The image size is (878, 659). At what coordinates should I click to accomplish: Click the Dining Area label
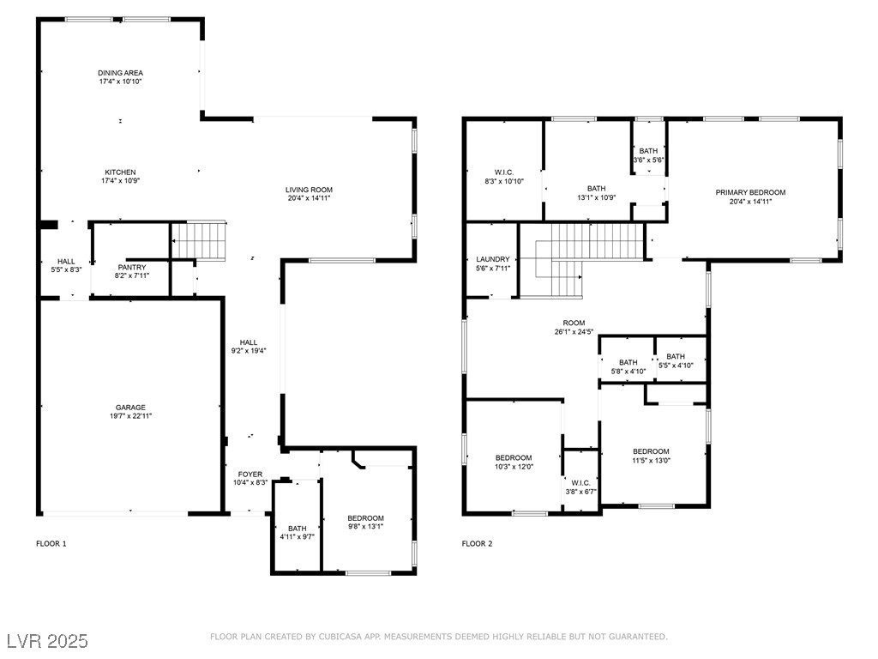click(120, 73)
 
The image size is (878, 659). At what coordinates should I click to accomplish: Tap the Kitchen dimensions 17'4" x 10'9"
click(120, 181)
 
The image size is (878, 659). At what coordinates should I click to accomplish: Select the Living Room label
click(309, 190)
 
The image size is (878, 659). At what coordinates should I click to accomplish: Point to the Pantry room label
click(132, 268)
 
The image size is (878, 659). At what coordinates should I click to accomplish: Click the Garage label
click(130, 408)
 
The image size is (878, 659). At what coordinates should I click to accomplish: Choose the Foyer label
click(250, 474)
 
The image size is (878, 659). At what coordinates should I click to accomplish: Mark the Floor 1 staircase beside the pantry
click(198, 240)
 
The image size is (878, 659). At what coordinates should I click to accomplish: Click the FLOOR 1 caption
click(51, 543)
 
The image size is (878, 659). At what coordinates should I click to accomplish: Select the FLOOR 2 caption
click(477, 543)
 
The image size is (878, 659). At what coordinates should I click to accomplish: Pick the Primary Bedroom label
click(750, 193)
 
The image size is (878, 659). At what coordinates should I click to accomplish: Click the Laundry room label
click(493, 259)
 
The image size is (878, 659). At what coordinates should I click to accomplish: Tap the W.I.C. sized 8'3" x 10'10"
click(504, 177)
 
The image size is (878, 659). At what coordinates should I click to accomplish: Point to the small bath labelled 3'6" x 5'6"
click(648, 155)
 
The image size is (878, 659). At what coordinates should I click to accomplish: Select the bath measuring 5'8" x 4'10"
click(628, 367)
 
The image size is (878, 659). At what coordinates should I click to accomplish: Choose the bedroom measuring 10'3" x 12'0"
click(514, 462)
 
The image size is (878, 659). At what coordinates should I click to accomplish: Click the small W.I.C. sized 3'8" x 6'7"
click(580, 487)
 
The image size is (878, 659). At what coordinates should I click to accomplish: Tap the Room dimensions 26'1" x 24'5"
click(574, 332)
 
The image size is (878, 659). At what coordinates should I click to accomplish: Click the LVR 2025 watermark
click(48, 641)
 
